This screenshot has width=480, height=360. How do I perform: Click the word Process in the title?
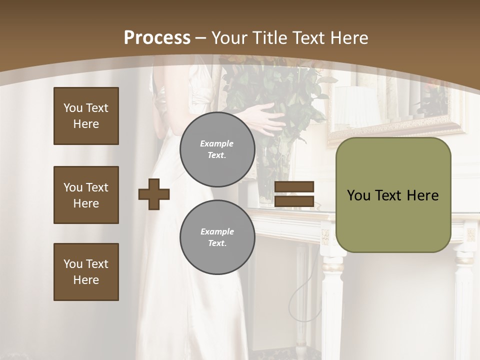pyautogui.click(x=157, y=38)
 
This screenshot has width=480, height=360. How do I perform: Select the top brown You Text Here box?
pyautogui.click(x=86, y=116)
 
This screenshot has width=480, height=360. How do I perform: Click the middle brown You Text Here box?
pyautogui.click(x=86, y=195)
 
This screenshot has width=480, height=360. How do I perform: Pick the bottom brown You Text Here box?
pyautogui.click(x=86, y=272)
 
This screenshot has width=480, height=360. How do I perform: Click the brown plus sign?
pyautogui.click(x=154, y=194)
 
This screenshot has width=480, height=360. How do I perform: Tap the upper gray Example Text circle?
pyautogui.click(x=217, y=149)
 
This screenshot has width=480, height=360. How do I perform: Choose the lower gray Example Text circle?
pyautogui.click(x=217, y=237)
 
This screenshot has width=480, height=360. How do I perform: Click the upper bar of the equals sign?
pyautogui.click(x=294, y=186)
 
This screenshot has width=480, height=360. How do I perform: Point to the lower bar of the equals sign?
pyautogui.click(x=294, y=201)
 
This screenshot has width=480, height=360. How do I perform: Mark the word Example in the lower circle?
pyautogui.click(x=217, y=231)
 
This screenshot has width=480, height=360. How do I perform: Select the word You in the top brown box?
pyautogui.click(x=72, y=108)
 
